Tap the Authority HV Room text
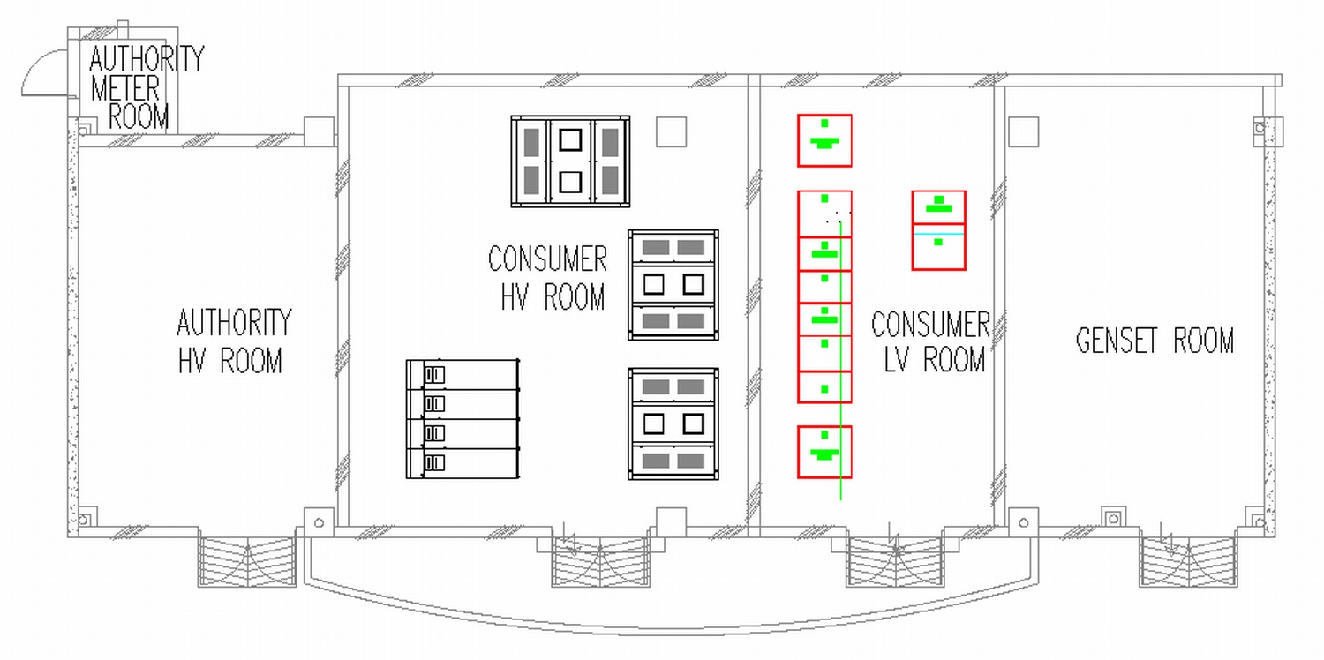click(x=233, y=341)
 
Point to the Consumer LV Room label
click(x=930, y=341)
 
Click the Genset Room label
click(x=1155, y=341)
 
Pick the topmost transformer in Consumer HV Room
click(x=570, y=161)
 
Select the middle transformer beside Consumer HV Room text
click(x=673, y=284)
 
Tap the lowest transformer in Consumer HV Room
click(x=673, y=424)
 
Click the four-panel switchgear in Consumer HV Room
click(x=463, y=418)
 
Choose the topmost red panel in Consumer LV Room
click(x=824, y=140)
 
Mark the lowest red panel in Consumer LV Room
click(x=824, y=452)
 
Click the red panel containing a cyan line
click(x=938, y=230)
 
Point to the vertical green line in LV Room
click(x=840, y=397)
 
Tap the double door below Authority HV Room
click(x=246, y=561)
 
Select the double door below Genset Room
click(x=1188, y=561)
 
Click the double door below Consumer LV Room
click(x=895, y=561)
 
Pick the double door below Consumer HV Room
click(x=600, y=561)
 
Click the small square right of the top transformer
click(x=671, y=131)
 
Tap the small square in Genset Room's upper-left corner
click(x=1024, y=131)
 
